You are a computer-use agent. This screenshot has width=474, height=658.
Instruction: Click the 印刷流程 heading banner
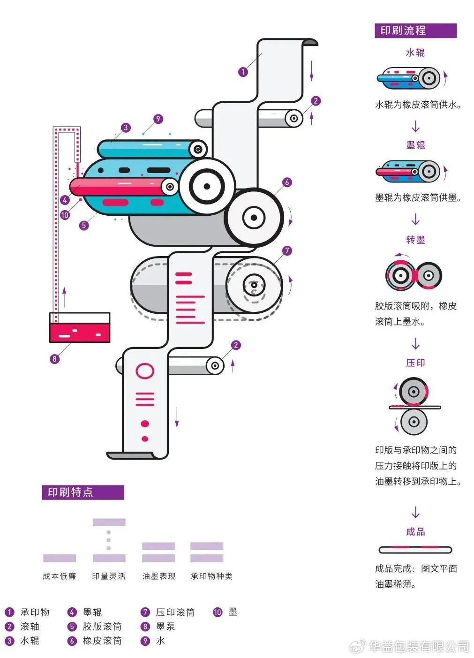pos(415,31)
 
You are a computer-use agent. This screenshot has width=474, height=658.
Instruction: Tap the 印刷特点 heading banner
pos(83,492)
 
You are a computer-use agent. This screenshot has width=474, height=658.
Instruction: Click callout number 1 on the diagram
pos(243,72)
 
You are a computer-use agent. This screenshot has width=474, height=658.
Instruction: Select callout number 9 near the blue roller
pos(158,119)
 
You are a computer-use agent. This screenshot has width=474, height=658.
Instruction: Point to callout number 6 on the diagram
pos(287,182)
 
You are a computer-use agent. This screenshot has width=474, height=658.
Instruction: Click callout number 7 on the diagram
pos(287,251)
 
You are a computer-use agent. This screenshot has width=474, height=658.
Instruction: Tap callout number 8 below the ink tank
pos(54,359)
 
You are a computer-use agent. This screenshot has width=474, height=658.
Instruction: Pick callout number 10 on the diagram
pos(65,215)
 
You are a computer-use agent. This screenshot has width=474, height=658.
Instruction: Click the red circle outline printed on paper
pos(145,371)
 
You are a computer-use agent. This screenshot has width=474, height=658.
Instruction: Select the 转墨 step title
pos(415,240)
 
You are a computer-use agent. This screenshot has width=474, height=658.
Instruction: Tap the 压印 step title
pos(415,363)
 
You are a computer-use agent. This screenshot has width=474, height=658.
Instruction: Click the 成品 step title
pos(415,531)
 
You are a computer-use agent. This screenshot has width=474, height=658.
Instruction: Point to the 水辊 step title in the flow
pos(415,53)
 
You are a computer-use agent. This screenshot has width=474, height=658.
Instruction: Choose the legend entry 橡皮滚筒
pos(102,641)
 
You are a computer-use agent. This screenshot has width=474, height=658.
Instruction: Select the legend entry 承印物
pos(34,613)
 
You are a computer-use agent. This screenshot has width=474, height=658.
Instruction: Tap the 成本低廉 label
pos(59,576)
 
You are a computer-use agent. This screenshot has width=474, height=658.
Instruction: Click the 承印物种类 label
pos(211,576)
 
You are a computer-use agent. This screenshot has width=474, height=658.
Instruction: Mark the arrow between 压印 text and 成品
pos(415,512)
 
